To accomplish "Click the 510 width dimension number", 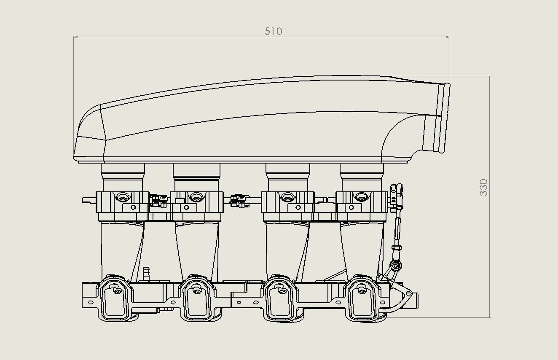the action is point(273,31).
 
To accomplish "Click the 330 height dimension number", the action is point(483,187).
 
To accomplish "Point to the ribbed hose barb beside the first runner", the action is point(146,274).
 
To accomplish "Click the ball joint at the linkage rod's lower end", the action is point(395,266).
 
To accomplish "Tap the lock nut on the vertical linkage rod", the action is point(396,248).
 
